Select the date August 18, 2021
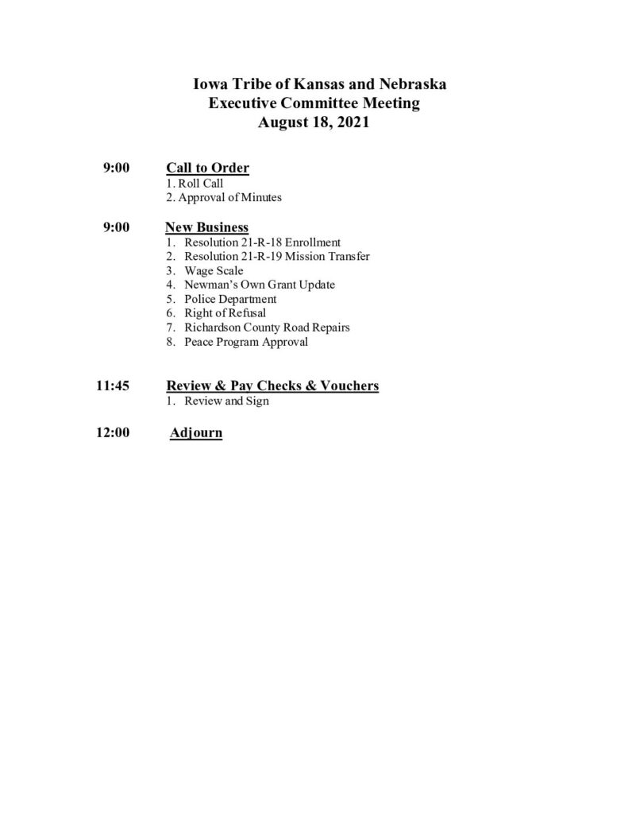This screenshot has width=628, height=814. point(314,123)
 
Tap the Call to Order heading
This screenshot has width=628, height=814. point(207,168)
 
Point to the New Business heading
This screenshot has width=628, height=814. point(206,227)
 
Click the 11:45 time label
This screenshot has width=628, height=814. point(113,386)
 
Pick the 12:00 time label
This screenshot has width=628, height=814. point(113,434)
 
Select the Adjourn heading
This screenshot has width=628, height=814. point(196,434)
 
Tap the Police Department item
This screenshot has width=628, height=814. point(230,299)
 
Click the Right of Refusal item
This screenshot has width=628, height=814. point(225,313)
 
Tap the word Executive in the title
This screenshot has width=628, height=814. point(245,103)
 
